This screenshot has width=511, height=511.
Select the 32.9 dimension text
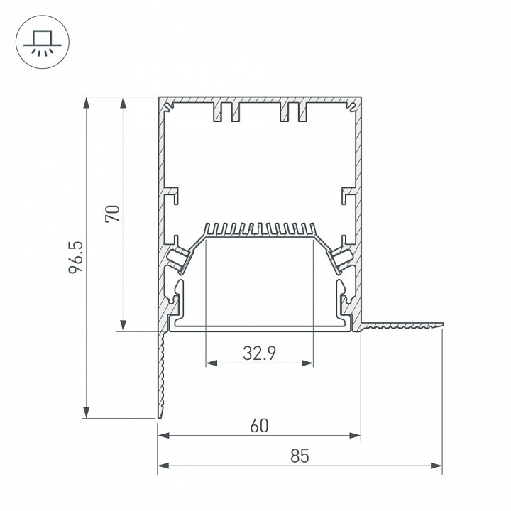pyautogui.click(x=259, y=353)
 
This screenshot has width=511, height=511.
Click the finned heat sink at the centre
pyautogui.click(x=259, y=230)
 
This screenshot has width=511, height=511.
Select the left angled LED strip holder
pyautogui.click(x=180, y=258)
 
